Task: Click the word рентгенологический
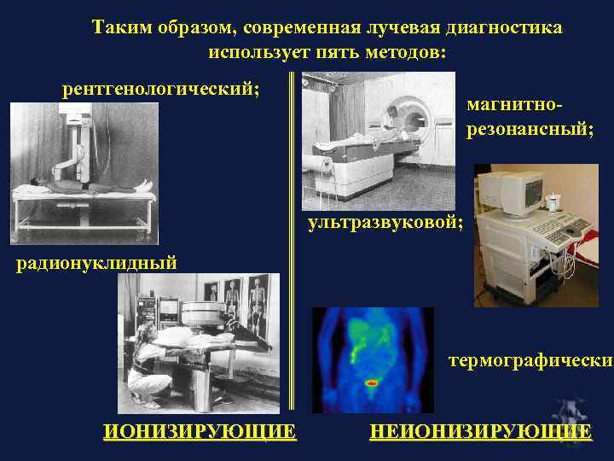[x=161, y=89]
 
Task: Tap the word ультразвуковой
[x=385, y=224]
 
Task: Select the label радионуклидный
[x=97, y=262]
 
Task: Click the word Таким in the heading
[x=119, y=28]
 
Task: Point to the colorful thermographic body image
[x=373, y=359]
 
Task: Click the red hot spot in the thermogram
[x=372, y=383]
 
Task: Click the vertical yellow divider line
[x=292, y=248]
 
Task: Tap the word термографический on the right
[x=530, y=360]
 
